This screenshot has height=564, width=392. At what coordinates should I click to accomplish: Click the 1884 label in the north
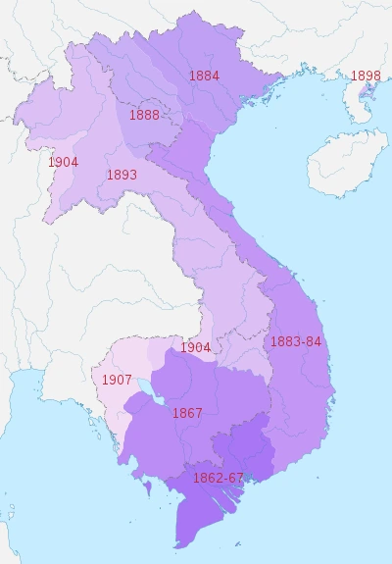pos(204,76)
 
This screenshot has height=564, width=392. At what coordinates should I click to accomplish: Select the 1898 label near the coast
pos(365,76)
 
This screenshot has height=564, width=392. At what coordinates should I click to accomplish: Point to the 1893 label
pos(122,176)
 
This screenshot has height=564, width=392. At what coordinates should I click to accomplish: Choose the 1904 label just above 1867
pos(195,348)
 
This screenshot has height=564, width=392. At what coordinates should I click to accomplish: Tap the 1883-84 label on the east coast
pos(295,342)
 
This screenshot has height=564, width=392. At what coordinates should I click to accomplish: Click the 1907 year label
pos(118,380)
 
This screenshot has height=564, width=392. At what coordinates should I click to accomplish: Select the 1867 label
pos(186,413)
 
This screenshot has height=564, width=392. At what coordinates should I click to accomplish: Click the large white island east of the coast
pos(342,163)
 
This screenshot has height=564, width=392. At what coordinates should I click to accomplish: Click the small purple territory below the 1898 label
pos(366,95)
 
